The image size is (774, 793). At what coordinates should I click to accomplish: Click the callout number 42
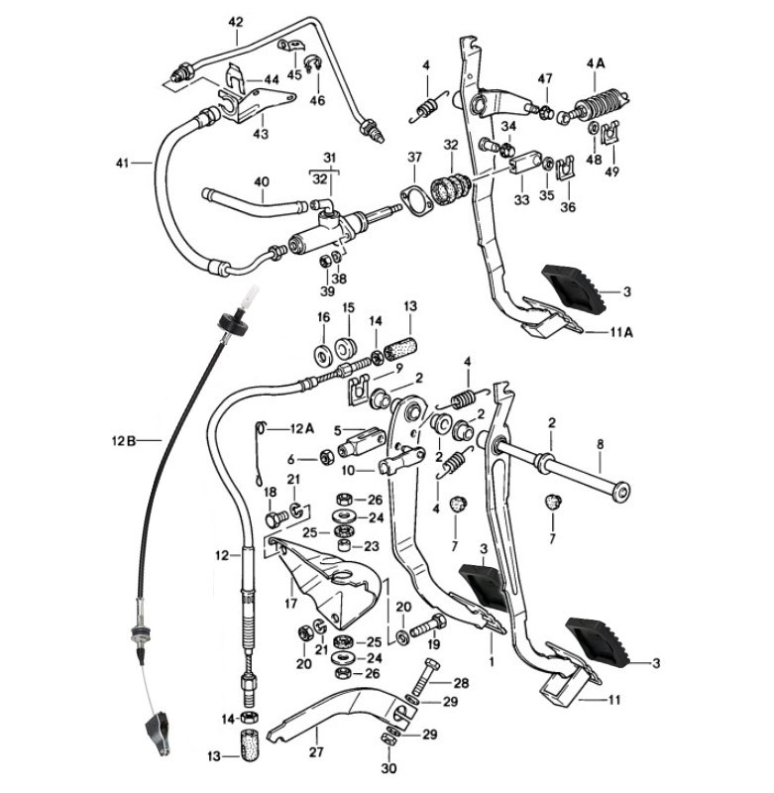tap(235, 21)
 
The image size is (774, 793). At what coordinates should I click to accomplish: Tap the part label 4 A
tap(596, 62)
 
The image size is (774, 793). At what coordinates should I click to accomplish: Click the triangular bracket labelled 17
tap(327, 585)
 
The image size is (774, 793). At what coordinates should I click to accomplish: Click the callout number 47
tap(544, 79)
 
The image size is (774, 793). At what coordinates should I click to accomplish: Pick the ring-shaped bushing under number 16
tap(323, 354)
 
